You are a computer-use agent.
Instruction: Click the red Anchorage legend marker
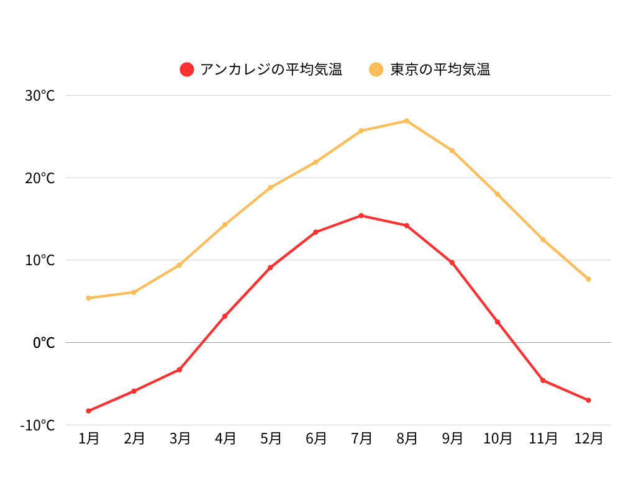[187, 70]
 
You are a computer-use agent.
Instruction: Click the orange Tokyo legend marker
[376, 70]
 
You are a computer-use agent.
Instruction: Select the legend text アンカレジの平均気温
[271, 70]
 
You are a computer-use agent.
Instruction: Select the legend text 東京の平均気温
[440, 70]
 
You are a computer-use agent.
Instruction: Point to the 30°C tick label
[40, 96]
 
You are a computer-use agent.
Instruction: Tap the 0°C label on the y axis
[43, 343]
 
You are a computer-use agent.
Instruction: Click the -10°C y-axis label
[37, 425]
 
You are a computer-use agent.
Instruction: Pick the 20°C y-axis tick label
[40, 178]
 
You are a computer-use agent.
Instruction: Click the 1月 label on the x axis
[89, 438]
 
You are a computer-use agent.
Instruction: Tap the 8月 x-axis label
[407, 438]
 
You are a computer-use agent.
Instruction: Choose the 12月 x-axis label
[588, 438]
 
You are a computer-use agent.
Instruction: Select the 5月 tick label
[270, 438]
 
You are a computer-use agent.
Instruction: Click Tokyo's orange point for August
[407, 120]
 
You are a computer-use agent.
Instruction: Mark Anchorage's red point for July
[361, 216]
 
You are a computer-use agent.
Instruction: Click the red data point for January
[89, 411]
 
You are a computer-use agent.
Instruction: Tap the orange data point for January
[89, 298]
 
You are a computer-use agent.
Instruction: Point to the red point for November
[543, 380]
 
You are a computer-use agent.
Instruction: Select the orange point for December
[588, 279]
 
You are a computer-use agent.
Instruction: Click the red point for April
[225, 316]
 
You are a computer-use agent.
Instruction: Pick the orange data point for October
[497, 194]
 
